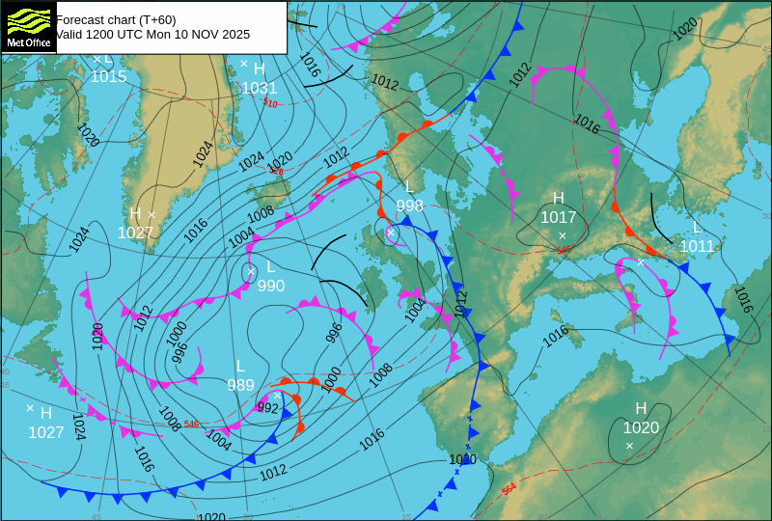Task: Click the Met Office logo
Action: (28, 26)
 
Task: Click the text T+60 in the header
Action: (135, 19)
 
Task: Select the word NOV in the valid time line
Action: (201, 34)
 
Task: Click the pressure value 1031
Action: (260, 88)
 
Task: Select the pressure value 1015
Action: (109, 76)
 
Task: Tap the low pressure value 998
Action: (409, 206)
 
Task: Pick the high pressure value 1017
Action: (558, 217)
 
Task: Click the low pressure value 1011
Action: (697, 246)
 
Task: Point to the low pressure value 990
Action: (270, 286)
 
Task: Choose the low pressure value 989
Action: (240, 385)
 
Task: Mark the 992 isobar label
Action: (267, 408)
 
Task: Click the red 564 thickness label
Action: (509, 489)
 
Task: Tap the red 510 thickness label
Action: (270, 103)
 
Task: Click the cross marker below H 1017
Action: (563, 235)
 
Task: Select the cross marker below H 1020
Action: (629, 445)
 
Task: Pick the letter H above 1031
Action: (259, 69)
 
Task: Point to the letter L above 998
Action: (409, 186)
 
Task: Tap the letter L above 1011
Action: (697, 228)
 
